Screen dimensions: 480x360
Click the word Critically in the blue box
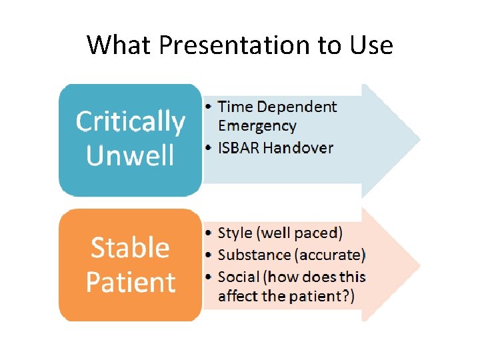[130, 123]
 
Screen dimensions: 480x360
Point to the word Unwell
[130, 155]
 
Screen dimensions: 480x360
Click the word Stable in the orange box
[130, 247]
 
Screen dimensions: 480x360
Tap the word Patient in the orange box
[130, 282]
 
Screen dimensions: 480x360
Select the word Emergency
[257, 126]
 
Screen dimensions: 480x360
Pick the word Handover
[297, 147]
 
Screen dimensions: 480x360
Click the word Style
[235, 233]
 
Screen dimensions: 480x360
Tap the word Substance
[254, 255]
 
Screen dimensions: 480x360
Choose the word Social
[239, 277]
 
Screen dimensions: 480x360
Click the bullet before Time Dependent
[209, 107]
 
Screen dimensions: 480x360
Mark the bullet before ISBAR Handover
[209, 147]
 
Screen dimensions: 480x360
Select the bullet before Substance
[209, 255]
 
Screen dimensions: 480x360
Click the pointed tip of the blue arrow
[419, 141]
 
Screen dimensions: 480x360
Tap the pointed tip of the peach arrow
[419, 265]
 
